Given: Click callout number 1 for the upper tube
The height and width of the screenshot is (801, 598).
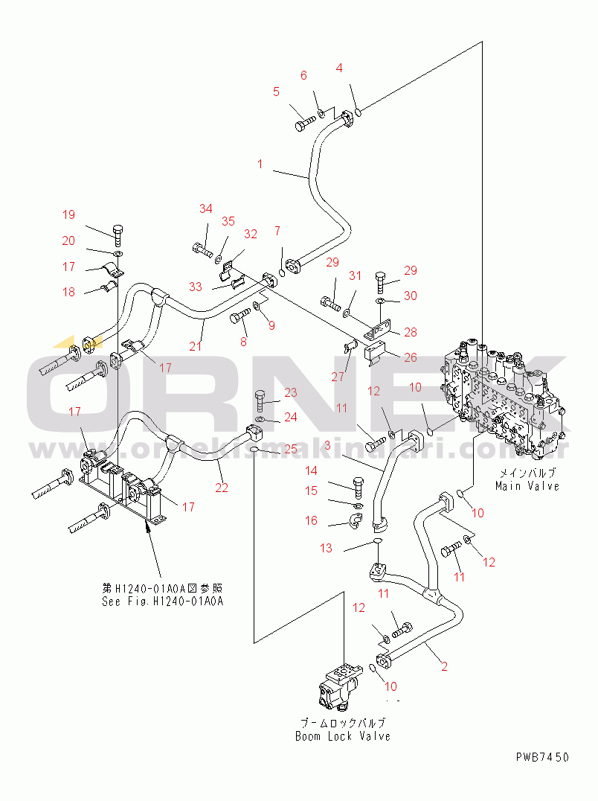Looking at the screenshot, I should click(x=260, y=164).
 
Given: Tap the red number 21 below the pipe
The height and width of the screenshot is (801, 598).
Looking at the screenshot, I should click(x=196, y=347).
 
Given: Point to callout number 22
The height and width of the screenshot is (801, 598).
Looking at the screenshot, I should click(x=221, y=488).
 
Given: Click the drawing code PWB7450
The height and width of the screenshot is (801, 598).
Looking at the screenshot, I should click(x=542, y=757).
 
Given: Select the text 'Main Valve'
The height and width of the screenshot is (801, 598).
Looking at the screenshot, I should click(x=527, y=485).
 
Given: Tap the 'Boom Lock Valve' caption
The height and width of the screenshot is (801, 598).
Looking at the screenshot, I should click(x=342, y=736).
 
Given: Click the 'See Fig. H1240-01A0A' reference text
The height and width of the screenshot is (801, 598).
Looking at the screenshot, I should click(x=162, y=601).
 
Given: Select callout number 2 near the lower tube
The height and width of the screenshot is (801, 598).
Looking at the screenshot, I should click(x=444, y=666).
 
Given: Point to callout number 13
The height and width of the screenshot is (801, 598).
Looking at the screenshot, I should click(x=327, y=549).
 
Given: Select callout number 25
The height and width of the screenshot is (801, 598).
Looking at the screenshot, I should click(x=290, y=449).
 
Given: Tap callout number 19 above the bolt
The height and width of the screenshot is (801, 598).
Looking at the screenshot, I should click(x=68, y=215).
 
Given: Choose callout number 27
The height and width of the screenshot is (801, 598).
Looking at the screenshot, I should click(x=338, y=377).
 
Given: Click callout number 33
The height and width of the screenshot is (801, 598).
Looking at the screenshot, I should click(x=195, y=287).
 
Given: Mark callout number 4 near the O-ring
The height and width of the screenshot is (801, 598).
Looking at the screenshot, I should click(x=339, y=68).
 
